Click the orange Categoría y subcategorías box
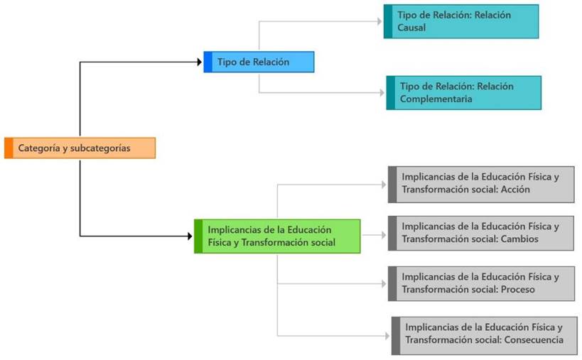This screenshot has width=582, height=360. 80,148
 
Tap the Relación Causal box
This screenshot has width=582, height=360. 461,21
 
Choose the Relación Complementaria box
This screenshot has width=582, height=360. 463,92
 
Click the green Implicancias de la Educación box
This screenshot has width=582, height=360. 278,236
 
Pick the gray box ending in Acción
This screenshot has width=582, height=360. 481,184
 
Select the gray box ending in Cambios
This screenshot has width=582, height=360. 481,233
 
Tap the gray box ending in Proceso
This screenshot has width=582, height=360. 481,283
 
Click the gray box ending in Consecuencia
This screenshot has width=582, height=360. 485,334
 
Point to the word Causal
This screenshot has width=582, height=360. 412,28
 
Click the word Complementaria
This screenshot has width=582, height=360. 436,99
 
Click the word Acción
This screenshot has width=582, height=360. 515,190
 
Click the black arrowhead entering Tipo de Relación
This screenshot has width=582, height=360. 200,62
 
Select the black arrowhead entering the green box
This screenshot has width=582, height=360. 190,236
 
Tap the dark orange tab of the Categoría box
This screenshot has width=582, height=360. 9,148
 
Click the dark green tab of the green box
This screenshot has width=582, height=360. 198,236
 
